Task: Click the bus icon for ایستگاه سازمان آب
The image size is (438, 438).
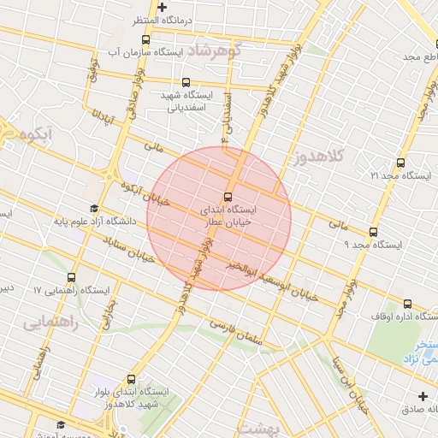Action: click(147, 39)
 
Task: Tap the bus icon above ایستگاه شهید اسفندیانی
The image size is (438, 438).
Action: click(186, 82)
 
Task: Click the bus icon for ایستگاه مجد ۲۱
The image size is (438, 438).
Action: click(400, 163)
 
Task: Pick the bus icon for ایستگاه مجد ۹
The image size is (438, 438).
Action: click(373, 232)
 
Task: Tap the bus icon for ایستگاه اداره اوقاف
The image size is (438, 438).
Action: click(406, 304)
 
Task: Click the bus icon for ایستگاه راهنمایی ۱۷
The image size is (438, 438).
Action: click(71, 278)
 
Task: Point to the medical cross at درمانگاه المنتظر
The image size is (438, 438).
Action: click(162, 8)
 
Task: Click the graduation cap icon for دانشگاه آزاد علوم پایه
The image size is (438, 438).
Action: click(93, 209)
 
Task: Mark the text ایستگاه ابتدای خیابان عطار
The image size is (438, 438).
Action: click(229, 215)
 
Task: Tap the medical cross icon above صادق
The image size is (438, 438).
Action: click(423, 395)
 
